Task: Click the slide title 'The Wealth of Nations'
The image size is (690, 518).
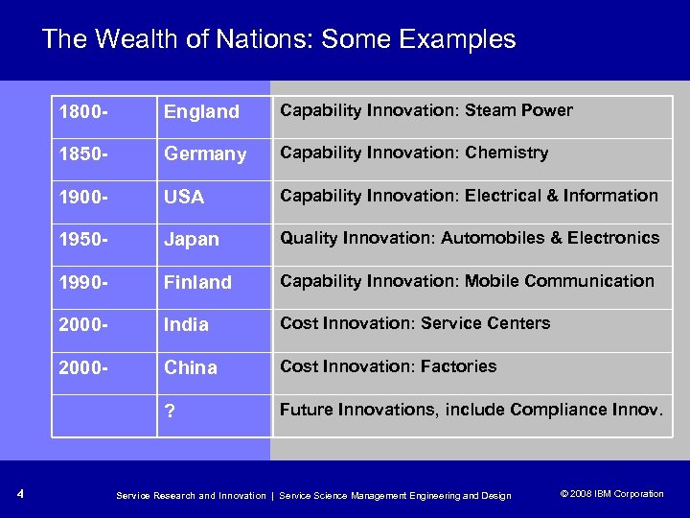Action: point(278,39)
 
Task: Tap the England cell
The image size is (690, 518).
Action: point(201,111)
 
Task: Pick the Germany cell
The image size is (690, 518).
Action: point(205,153)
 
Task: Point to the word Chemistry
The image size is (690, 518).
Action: point(506,153)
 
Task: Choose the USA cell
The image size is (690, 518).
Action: point(184,197)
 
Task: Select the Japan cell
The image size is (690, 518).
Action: point(192,239)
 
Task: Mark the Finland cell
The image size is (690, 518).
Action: point(197,282)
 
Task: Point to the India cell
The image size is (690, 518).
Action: point(186,324)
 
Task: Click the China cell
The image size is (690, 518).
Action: point(191,367)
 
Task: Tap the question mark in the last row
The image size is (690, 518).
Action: point(170,411)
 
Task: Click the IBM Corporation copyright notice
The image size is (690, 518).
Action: point(610,494)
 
